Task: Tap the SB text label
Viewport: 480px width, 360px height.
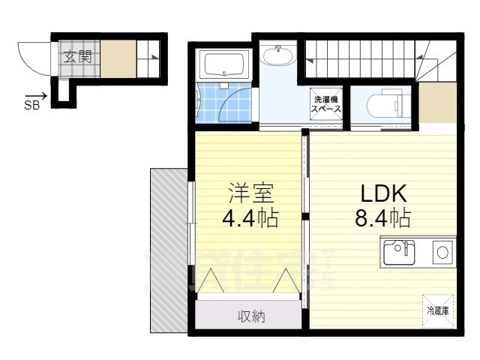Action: click(32, 106)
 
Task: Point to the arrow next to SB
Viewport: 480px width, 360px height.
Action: click(40, 95)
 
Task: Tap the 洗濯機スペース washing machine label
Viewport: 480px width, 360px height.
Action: click(326, 104)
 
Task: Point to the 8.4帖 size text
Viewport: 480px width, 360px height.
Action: click(385, 218)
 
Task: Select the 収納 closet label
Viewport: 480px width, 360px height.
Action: click(252, 316)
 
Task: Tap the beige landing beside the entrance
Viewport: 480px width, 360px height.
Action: click(118, 58)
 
